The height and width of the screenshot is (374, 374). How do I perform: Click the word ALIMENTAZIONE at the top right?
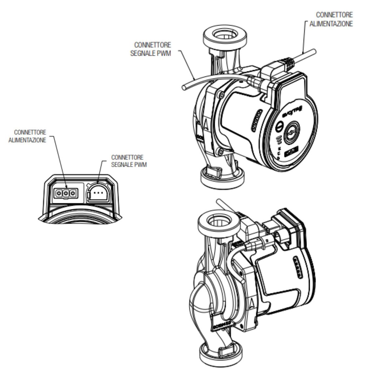[x=331, y=24]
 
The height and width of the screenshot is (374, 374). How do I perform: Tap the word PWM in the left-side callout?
[x=141, y=164]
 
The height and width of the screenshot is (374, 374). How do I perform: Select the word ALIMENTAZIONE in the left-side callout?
[x=27, y=140]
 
